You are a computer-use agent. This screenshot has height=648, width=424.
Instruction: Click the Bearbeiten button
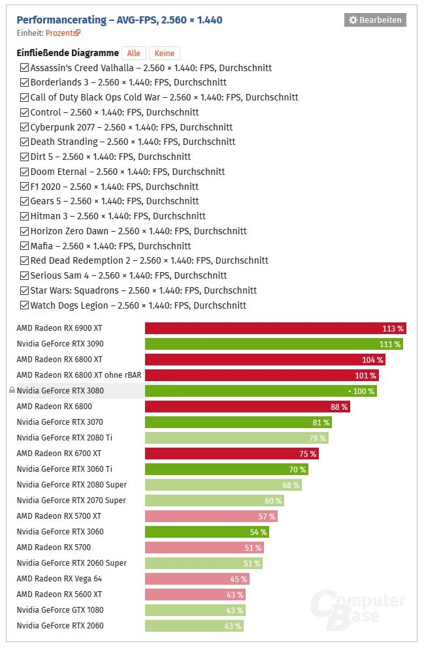pos(375,20)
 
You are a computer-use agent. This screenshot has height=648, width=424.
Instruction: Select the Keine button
pos(165,54)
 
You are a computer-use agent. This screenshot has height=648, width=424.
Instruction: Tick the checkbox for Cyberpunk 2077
pos(24,127)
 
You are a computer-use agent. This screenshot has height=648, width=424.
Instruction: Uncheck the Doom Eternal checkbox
pos(24,172)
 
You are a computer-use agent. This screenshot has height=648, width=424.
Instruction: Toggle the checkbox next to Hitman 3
pos(24,216)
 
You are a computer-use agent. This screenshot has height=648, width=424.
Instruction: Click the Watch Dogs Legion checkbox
pos(24,305)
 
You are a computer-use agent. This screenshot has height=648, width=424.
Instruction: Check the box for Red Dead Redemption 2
pos(24,260)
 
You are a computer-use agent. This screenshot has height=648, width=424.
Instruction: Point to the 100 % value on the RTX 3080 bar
pos(363,391)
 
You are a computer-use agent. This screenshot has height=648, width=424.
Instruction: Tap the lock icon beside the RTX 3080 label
pos(12,391)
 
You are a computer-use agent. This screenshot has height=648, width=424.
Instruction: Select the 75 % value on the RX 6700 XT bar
pos(308,454)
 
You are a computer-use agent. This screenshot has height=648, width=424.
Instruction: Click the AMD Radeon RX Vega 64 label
pos(59,579)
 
